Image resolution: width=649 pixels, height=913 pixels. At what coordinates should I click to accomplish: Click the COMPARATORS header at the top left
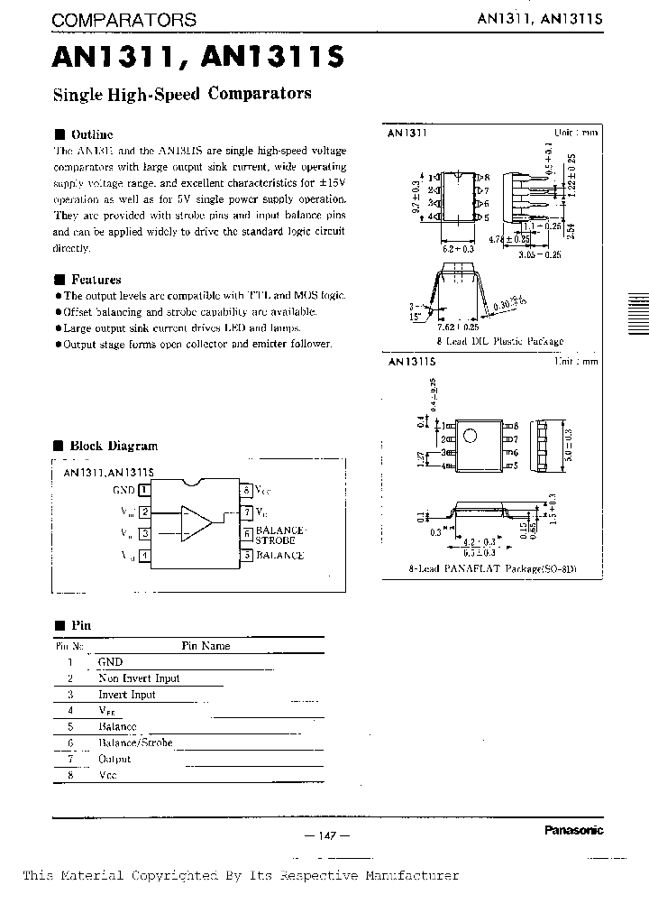tap(124, 20)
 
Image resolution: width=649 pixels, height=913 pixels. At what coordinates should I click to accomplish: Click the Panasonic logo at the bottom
tap(574, 831)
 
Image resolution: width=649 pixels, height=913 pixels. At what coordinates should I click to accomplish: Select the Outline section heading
tap(92, 134)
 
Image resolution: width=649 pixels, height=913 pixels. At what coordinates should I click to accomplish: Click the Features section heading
tap(96, 280)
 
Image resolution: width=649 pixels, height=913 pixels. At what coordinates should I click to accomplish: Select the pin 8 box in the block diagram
tap(245, 490)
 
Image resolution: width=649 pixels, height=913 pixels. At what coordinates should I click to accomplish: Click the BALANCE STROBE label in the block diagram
tap(281, 534)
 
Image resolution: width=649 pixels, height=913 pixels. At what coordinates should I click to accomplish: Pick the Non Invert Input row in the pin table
tap(139, 678)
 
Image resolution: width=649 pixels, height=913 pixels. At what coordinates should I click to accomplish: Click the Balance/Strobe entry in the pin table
tap(135, 743)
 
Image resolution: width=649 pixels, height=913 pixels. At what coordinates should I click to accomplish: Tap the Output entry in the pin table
tap(114, 760)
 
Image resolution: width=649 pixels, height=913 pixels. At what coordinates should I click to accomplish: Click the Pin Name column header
tap(206, 646)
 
